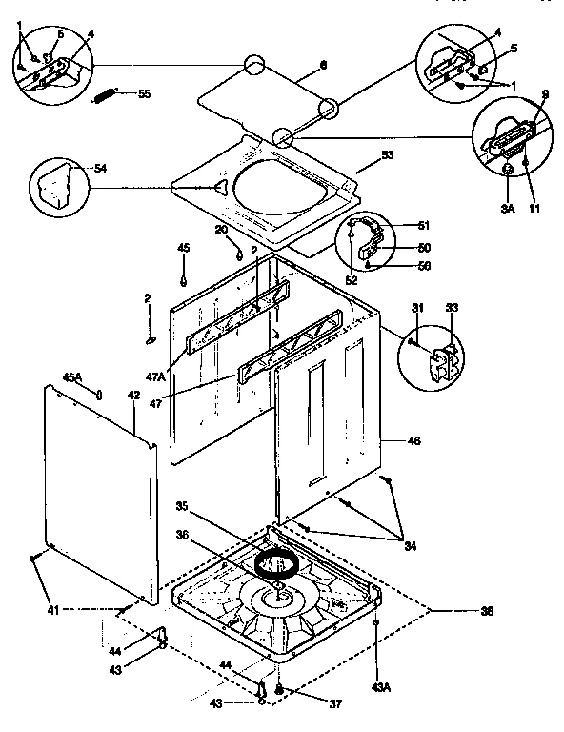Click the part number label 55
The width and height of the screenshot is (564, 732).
pos(144,93)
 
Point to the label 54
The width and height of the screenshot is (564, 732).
pos(100,169)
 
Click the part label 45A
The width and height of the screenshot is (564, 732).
pos(72,375)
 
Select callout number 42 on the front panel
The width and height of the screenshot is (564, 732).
pos(134,394)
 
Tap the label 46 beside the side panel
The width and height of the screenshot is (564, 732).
pos(413,440)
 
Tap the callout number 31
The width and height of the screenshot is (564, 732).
pos(417,306)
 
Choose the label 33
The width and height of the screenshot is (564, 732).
pos(452,306)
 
